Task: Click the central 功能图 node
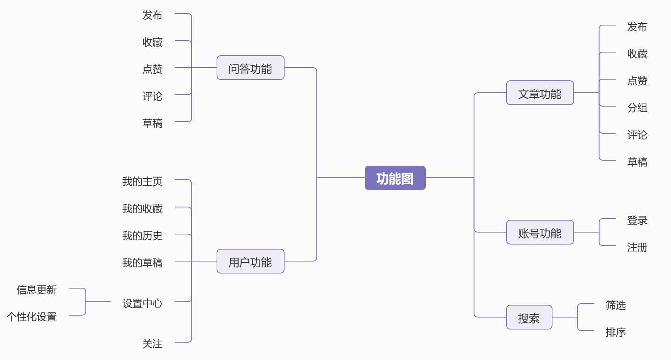pos(395,178)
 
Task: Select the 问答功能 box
pos(250,68)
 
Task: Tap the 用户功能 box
pos(250,262)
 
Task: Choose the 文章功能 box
pos(540,93)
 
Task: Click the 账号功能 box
pos(540,233)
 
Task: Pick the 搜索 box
pos(529,318)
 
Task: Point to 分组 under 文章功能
pos(637,108)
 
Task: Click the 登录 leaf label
pos(637,220)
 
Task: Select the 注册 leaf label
pos(637,247)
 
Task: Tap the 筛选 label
pos(615,305)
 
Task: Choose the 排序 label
pos(615,332)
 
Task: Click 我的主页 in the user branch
pos(142,181)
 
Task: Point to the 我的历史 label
pos(142,236)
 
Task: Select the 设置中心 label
pos(142,303)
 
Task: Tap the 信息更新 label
pos(37,290)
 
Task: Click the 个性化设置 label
pos(32,317)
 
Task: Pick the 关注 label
pos(152,344)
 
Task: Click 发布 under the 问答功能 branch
pos(152,15)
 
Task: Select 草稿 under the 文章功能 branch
pos(637,162)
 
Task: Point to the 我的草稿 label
pos(142,263)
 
